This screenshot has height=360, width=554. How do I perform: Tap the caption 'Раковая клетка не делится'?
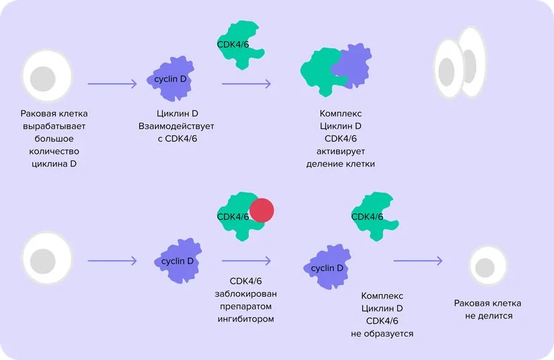point(488,310)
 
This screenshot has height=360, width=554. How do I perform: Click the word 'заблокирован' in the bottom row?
point(253,294)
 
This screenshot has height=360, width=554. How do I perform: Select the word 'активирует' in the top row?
point(340,151)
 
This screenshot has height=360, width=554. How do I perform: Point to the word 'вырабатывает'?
point(54,125)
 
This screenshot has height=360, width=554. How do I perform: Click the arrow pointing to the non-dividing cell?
point(418,261)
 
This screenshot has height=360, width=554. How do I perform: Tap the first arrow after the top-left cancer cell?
point(112,84)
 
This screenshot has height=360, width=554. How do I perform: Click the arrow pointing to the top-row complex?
point(246,84)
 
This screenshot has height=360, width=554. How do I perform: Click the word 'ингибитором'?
point(253,319)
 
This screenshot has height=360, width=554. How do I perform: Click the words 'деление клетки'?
point(340,164)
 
